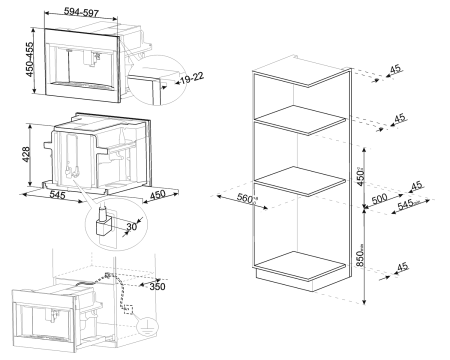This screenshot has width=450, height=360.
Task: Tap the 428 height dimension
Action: [27, 156]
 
